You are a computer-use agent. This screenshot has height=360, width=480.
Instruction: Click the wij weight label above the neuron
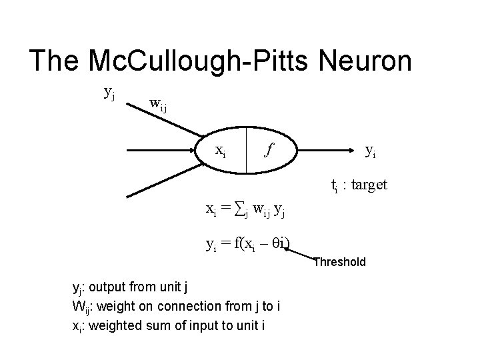(x=159, y=104)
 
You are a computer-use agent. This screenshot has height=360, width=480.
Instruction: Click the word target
(x=367, y=185)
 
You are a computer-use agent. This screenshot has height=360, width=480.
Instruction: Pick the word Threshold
(x=340, y=262)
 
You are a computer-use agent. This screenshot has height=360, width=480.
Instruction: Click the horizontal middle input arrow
(x=160, y=151)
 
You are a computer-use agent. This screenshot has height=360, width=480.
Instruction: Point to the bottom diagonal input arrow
(x=160, y=183)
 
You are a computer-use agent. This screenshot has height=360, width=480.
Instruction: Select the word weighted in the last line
(x=111, y=325)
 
